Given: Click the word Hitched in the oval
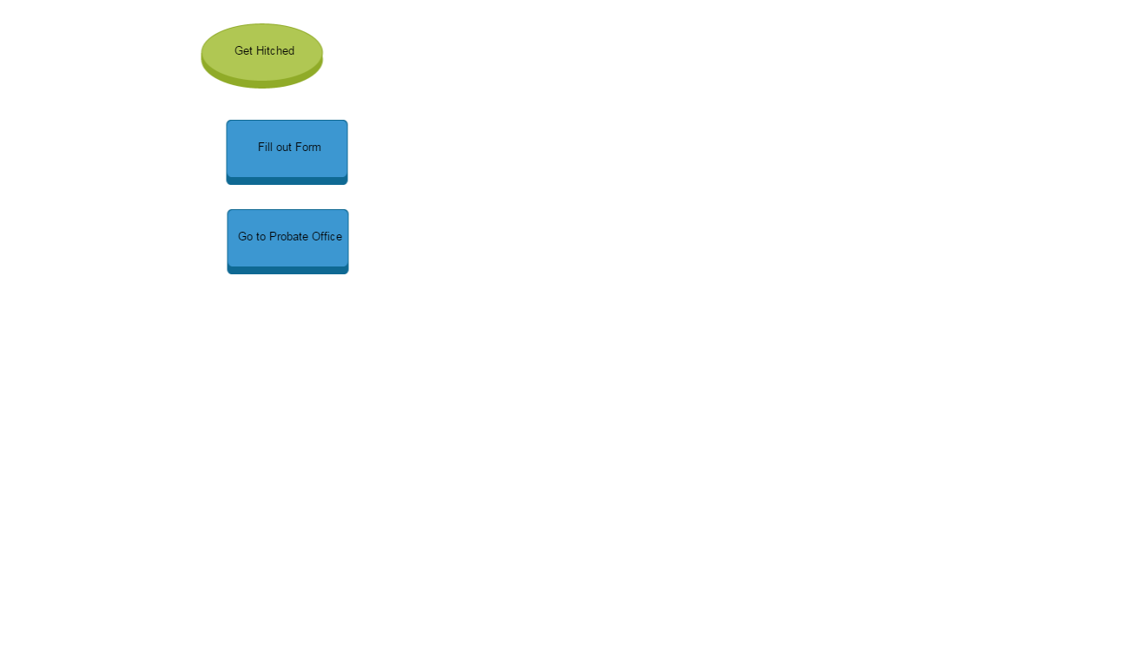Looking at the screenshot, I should [275, 51].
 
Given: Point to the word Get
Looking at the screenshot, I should [243, 51].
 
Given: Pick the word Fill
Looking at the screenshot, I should [265, 148].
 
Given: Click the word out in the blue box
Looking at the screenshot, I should [284, 148].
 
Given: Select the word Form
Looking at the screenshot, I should [308, 148].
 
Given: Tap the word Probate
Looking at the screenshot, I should [288, 237].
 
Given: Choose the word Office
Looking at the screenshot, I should [327, 237].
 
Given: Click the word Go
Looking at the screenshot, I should [245, 237].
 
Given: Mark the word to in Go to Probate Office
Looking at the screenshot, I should [261, 237].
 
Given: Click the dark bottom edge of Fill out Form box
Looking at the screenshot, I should [287, 181].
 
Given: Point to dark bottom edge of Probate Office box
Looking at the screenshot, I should [287, 270].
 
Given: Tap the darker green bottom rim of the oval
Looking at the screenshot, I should [261, 83].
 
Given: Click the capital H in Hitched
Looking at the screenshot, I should [261, 51].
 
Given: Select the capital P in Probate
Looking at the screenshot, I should [273, 237].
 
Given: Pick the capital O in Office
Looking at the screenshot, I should [316, 237].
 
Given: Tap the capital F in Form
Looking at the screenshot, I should [299, 148].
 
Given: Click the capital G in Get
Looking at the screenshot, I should [239, 51].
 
